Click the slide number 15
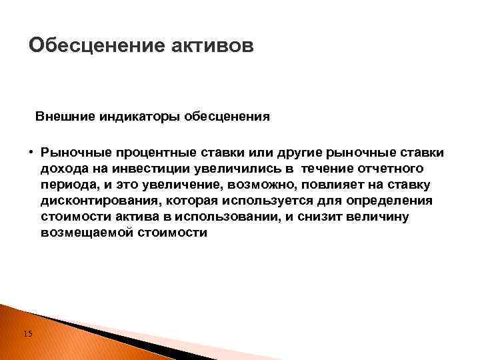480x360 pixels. [x=27, y=333]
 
